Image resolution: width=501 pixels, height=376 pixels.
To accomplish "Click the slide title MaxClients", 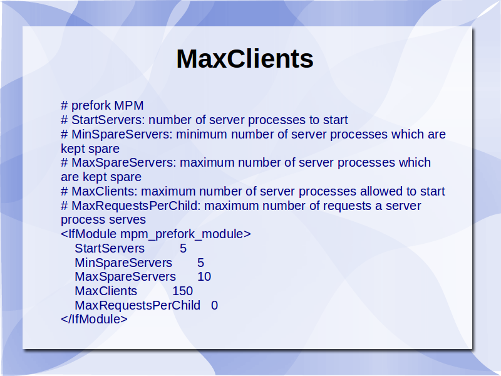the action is (245, 59).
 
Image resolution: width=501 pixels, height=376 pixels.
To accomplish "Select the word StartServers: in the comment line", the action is (108, 120).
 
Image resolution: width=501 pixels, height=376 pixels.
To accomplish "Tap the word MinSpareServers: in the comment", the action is (122, 134).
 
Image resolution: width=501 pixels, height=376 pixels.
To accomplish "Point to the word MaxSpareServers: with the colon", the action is (124, 163).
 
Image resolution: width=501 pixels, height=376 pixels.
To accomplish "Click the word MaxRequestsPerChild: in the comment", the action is (136, 206).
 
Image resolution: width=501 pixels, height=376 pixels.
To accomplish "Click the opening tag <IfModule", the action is (88, 234).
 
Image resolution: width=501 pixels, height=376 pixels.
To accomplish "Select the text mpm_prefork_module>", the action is (185, 234).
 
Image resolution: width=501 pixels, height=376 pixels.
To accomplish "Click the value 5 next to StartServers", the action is (183, 248).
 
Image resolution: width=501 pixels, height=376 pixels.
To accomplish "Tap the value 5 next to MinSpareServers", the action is (200, 263).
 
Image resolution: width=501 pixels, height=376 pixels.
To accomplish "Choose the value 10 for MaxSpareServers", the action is (204, 277).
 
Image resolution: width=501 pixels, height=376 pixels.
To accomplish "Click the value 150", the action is (183, 291).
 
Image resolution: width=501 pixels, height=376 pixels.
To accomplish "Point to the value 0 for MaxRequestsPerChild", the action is (214, 305).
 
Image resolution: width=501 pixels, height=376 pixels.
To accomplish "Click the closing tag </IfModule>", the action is (95, 319).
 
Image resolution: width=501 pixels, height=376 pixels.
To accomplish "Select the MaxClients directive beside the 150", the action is (106, 291).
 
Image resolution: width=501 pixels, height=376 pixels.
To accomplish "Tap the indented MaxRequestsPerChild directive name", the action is (137, 305).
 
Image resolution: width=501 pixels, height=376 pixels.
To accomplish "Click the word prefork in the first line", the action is (91, 105).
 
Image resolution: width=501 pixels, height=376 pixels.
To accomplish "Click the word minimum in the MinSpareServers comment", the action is (202, 134).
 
